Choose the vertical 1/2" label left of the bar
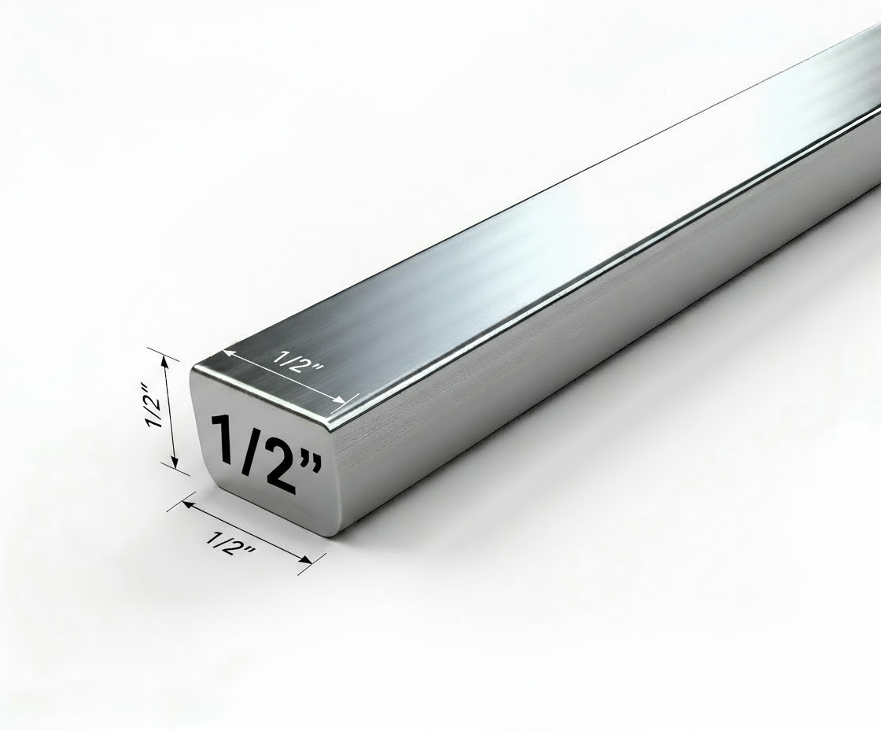point(153,404)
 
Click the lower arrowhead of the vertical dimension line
point(175,464)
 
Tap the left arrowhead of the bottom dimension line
point(186,505)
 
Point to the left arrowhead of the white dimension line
point(227,353)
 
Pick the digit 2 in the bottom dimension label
point(234,546)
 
